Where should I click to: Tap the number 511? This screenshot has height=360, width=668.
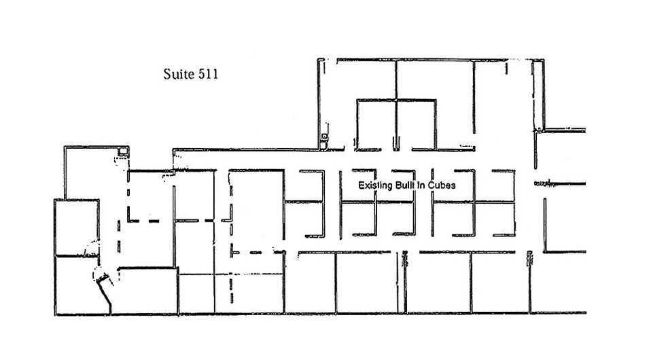click(206, 74)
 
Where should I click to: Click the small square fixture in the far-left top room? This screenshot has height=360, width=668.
click(122, 151)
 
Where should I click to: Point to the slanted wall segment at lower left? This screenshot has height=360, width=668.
click(105, 295)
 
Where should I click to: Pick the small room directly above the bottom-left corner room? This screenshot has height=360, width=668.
click(76, 227)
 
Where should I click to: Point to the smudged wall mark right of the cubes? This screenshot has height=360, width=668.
click(543, 183)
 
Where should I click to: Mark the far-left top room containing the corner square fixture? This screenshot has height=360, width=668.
click(95, 173)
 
